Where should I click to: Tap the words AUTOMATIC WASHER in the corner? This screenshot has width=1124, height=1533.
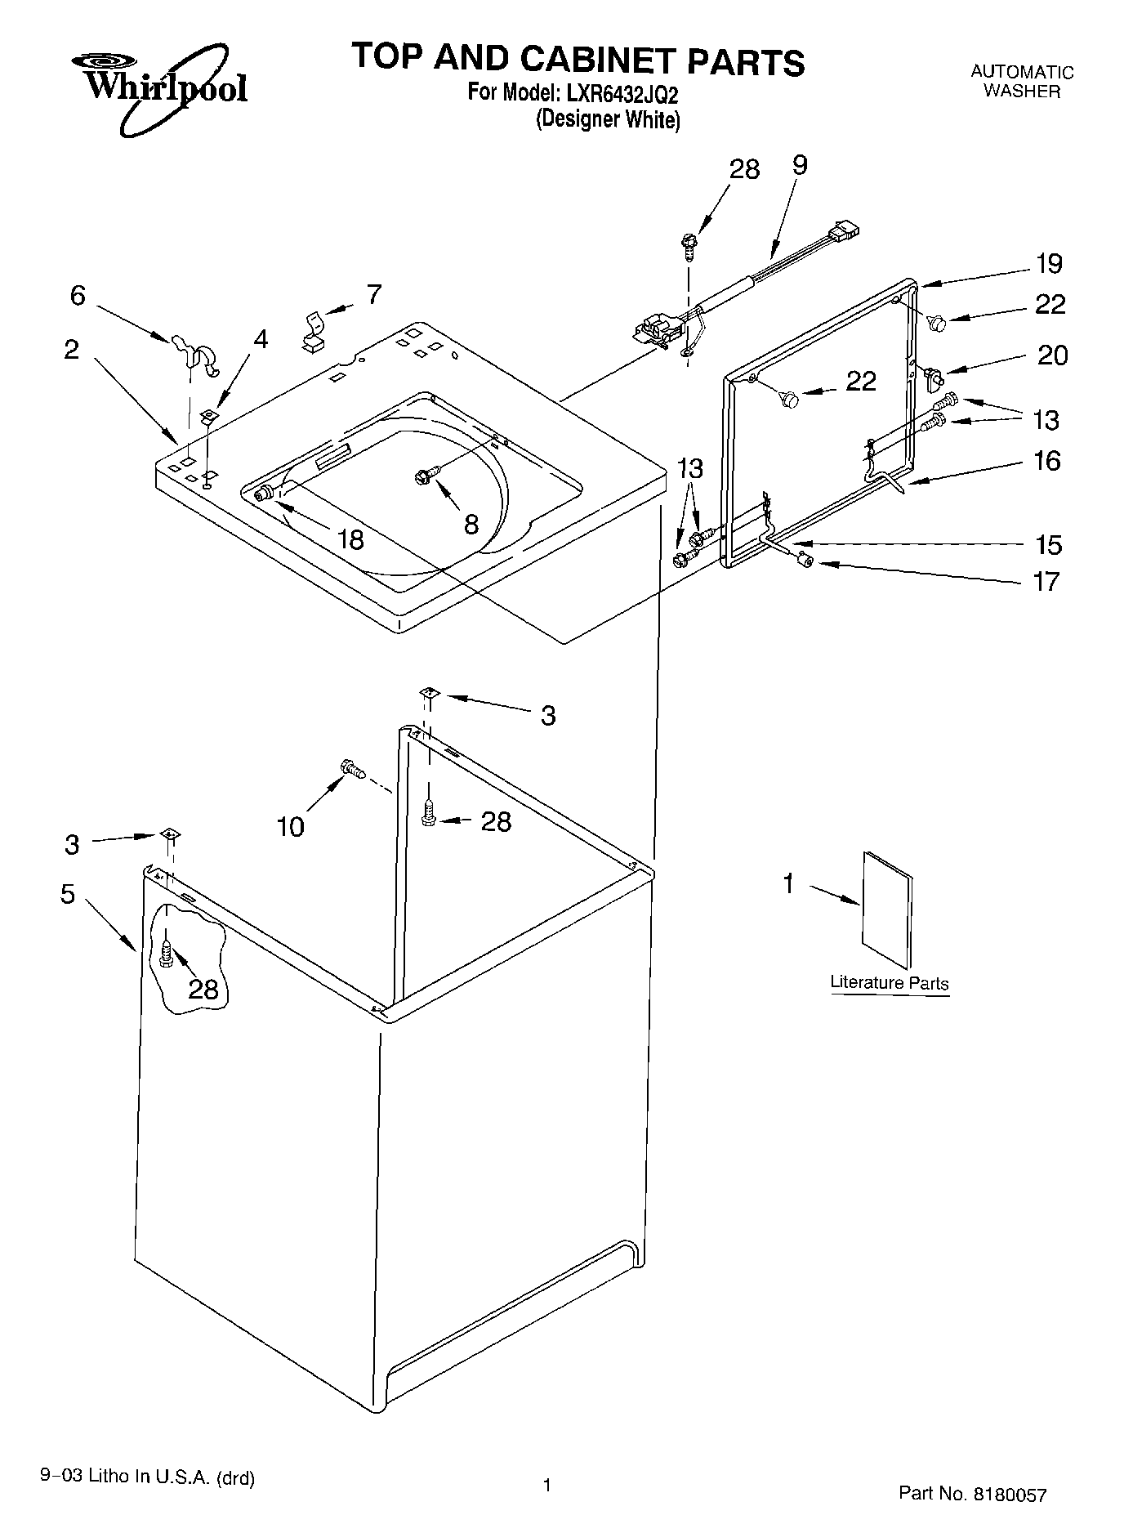tap(1021, 82)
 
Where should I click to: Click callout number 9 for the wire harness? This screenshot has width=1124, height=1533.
tap(800, 166)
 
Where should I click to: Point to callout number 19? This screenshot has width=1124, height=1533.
tap(1049, 264)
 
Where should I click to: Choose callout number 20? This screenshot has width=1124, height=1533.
tap(1052, 355)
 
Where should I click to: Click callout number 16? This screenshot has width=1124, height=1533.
tap(1046, 462)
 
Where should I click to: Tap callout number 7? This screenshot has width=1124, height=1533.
tap(374, 294)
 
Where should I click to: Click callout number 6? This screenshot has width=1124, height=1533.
tap(78, 295)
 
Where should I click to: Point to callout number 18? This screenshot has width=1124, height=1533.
tap(351, 539)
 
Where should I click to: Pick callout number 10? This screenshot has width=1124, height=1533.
tap(291, 826)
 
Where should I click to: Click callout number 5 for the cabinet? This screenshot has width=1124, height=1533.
tap(68, 894)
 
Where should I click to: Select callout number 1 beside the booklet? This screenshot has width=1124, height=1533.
tap(788, 883)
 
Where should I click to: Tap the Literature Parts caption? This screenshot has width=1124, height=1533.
tap(889, 983)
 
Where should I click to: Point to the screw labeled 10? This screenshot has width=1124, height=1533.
tap(352, 768)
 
